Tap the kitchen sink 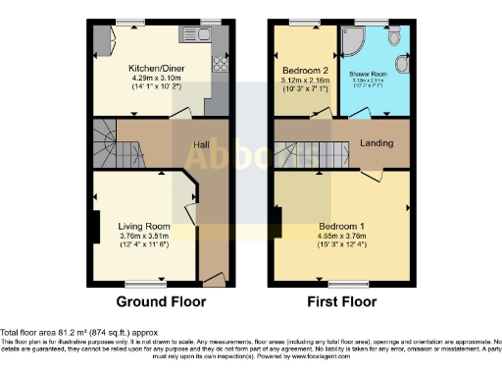coord(190,36)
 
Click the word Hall coord(200,144)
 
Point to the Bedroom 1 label coord(341,226)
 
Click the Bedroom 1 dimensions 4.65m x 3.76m coord(341,237)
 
